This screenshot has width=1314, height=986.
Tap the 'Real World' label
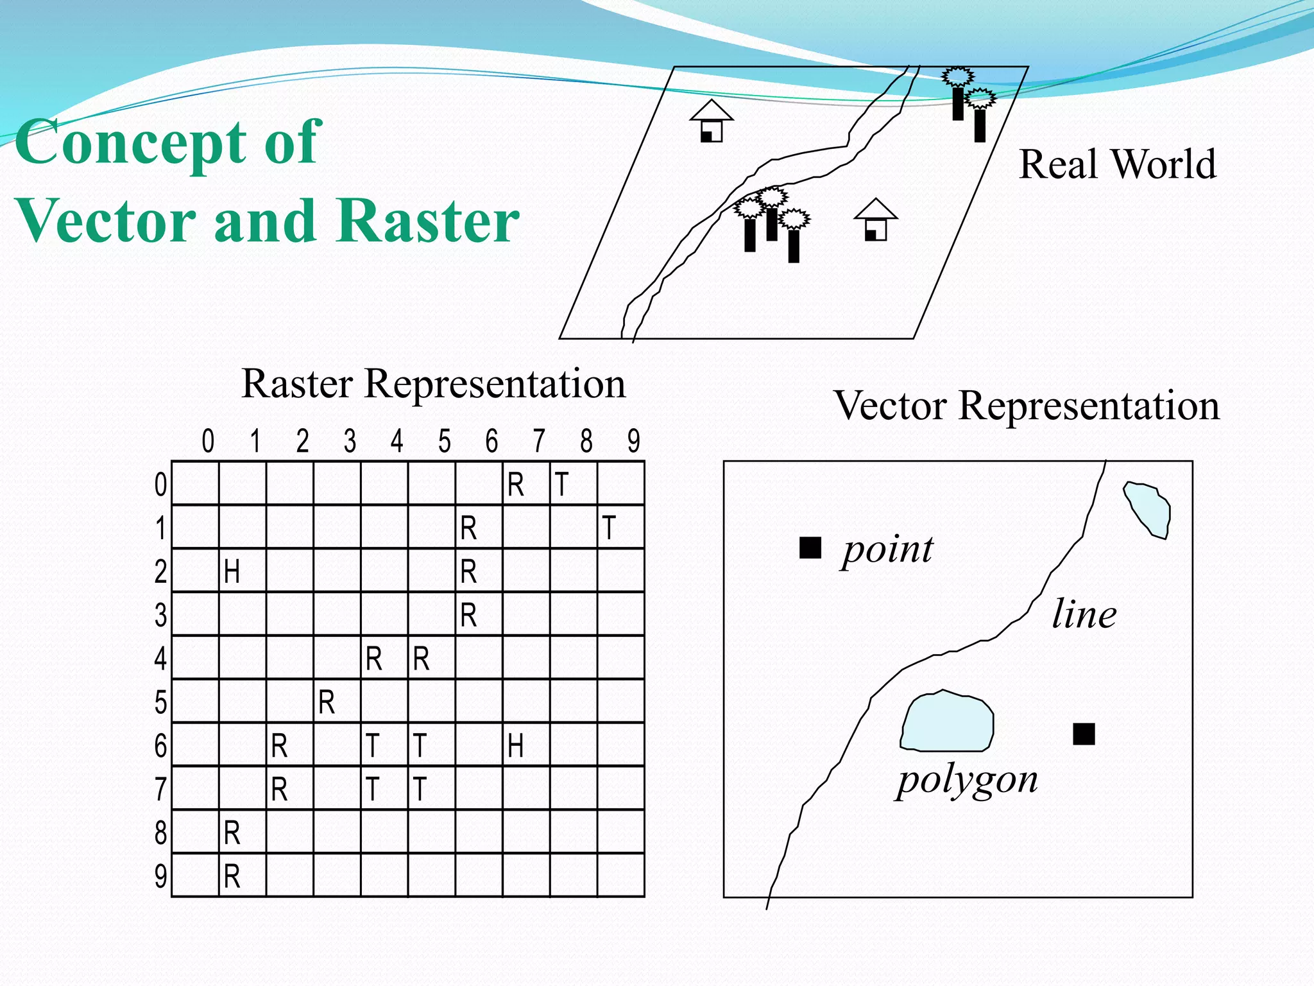click(x=1117, y=164)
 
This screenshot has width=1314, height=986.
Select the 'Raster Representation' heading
click(x=433, y=384)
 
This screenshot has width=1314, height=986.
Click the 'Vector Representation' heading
click(x=1026, y=406)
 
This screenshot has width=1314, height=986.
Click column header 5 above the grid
click(x=444, y=442)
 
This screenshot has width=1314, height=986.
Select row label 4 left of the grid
click(x=160, y=659)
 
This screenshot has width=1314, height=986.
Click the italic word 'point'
click(x=888, y=550)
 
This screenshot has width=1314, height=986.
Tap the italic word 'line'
click(x=1084, y=614)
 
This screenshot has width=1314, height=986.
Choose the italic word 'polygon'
click(x=967, y=781)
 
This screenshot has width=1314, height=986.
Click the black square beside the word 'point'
click(x=810, y=548)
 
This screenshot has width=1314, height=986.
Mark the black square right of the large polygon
click(x=1084, y=734)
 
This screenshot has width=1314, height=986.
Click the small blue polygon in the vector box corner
click(x=1148, y=509)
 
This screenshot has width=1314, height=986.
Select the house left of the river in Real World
click(x=711, y=121)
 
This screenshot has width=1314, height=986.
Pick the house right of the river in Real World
click(x=875, y=220)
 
